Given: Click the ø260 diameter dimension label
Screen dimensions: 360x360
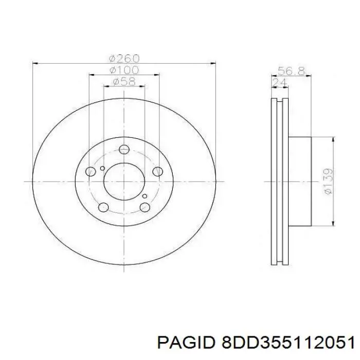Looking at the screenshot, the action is coord(124,59).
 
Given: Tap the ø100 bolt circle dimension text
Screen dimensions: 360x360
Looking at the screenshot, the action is coord(124,70).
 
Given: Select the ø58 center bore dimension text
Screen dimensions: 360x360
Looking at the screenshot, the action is coord(124,81).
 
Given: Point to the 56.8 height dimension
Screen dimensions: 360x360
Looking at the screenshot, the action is coord(292,71).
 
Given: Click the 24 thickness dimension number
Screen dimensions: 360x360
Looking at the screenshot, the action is coord(279,82).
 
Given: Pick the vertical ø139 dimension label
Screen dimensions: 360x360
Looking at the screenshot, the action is coord(328,182).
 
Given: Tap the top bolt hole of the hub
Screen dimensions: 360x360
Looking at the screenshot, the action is coord(124,150).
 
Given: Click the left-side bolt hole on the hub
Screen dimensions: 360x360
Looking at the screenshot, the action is coord(91,171).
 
